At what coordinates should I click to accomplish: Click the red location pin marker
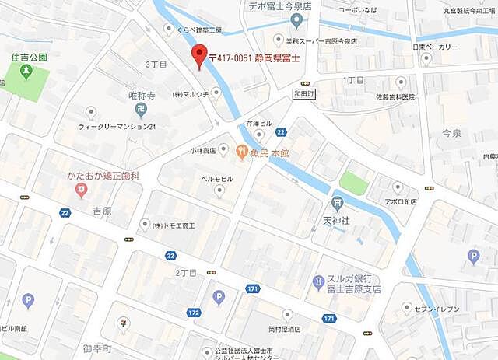click(x=198, y=57)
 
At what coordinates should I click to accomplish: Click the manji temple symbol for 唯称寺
click(x=141, y=109)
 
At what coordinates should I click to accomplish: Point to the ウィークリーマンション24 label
click(x=117, y=126)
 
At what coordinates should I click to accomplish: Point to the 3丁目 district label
click(x=156, y=65)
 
